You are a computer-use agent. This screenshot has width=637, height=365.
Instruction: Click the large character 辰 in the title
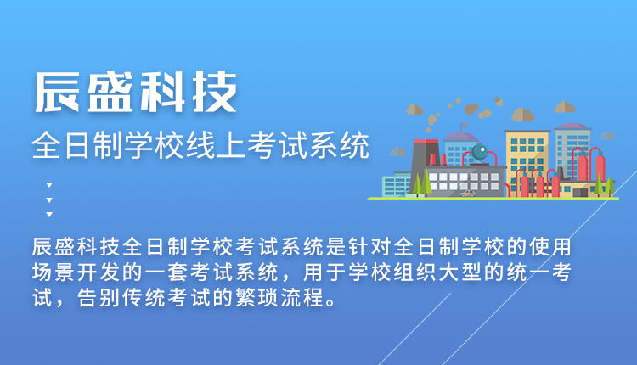[57, 93]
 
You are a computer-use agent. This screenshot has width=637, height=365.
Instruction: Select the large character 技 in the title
[215, 93]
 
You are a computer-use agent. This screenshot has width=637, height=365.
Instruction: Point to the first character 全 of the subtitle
[46, 145]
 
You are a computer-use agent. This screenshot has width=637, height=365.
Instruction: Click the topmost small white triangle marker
[49, 185]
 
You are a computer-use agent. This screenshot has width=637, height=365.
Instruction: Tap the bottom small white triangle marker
[49, 215]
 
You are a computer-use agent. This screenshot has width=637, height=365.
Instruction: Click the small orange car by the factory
[468, 194]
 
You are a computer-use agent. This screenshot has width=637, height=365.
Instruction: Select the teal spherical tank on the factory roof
[480, 152]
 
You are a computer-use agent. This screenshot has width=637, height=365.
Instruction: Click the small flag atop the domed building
[464, 126]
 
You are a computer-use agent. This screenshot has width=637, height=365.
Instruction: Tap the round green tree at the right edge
[610, 186]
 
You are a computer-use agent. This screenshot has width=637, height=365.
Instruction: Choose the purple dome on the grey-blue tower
[572, 126]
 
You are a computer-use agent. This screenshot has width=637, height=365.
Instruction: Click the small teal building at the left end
[396, 185]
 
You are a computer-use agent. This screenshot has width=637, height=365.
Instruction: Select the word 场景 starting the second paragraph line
[54, 272]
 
